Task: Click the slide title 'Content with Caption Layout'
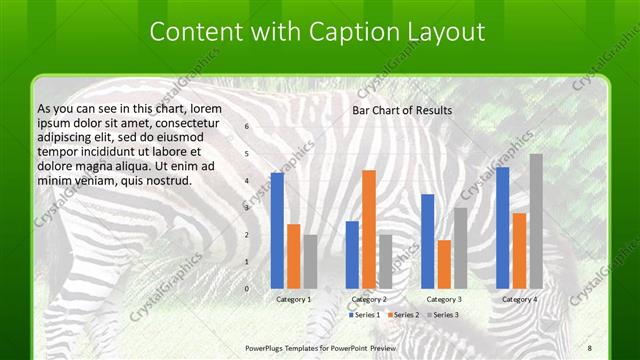(x=317, y=32)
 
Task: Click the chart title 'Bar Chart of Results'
(x=402, y=110)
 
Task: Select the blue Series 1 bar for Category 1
(x=277, y=230)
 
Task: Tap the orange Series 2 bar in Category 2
(x=368, y=229)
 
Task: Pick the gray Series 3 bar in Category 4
(x=536, y=221)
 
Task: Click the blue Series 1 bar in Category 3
(x=428, y=241)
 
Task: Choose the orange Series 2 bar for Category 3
(x=444, y=264)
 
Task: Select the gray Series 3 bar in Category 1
(x=310, y=261)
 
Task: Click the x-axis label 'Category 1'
(x=294, y=299)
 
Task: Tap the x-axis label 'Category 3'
(x=444, y=299)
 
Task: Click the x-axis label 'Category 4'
(x=519, y=299)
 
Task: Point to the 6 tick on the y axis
(x=247, y=127)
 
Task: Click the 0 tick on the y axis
(x=247, y=289)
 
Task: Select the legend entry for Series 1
(x=364, y=315)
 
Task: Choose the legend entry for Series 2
(x=403, y=315)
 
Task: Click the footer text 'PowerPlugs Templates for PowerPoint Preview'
(x=321, y=346)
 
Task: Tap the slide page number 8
(x=590, y=346)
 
